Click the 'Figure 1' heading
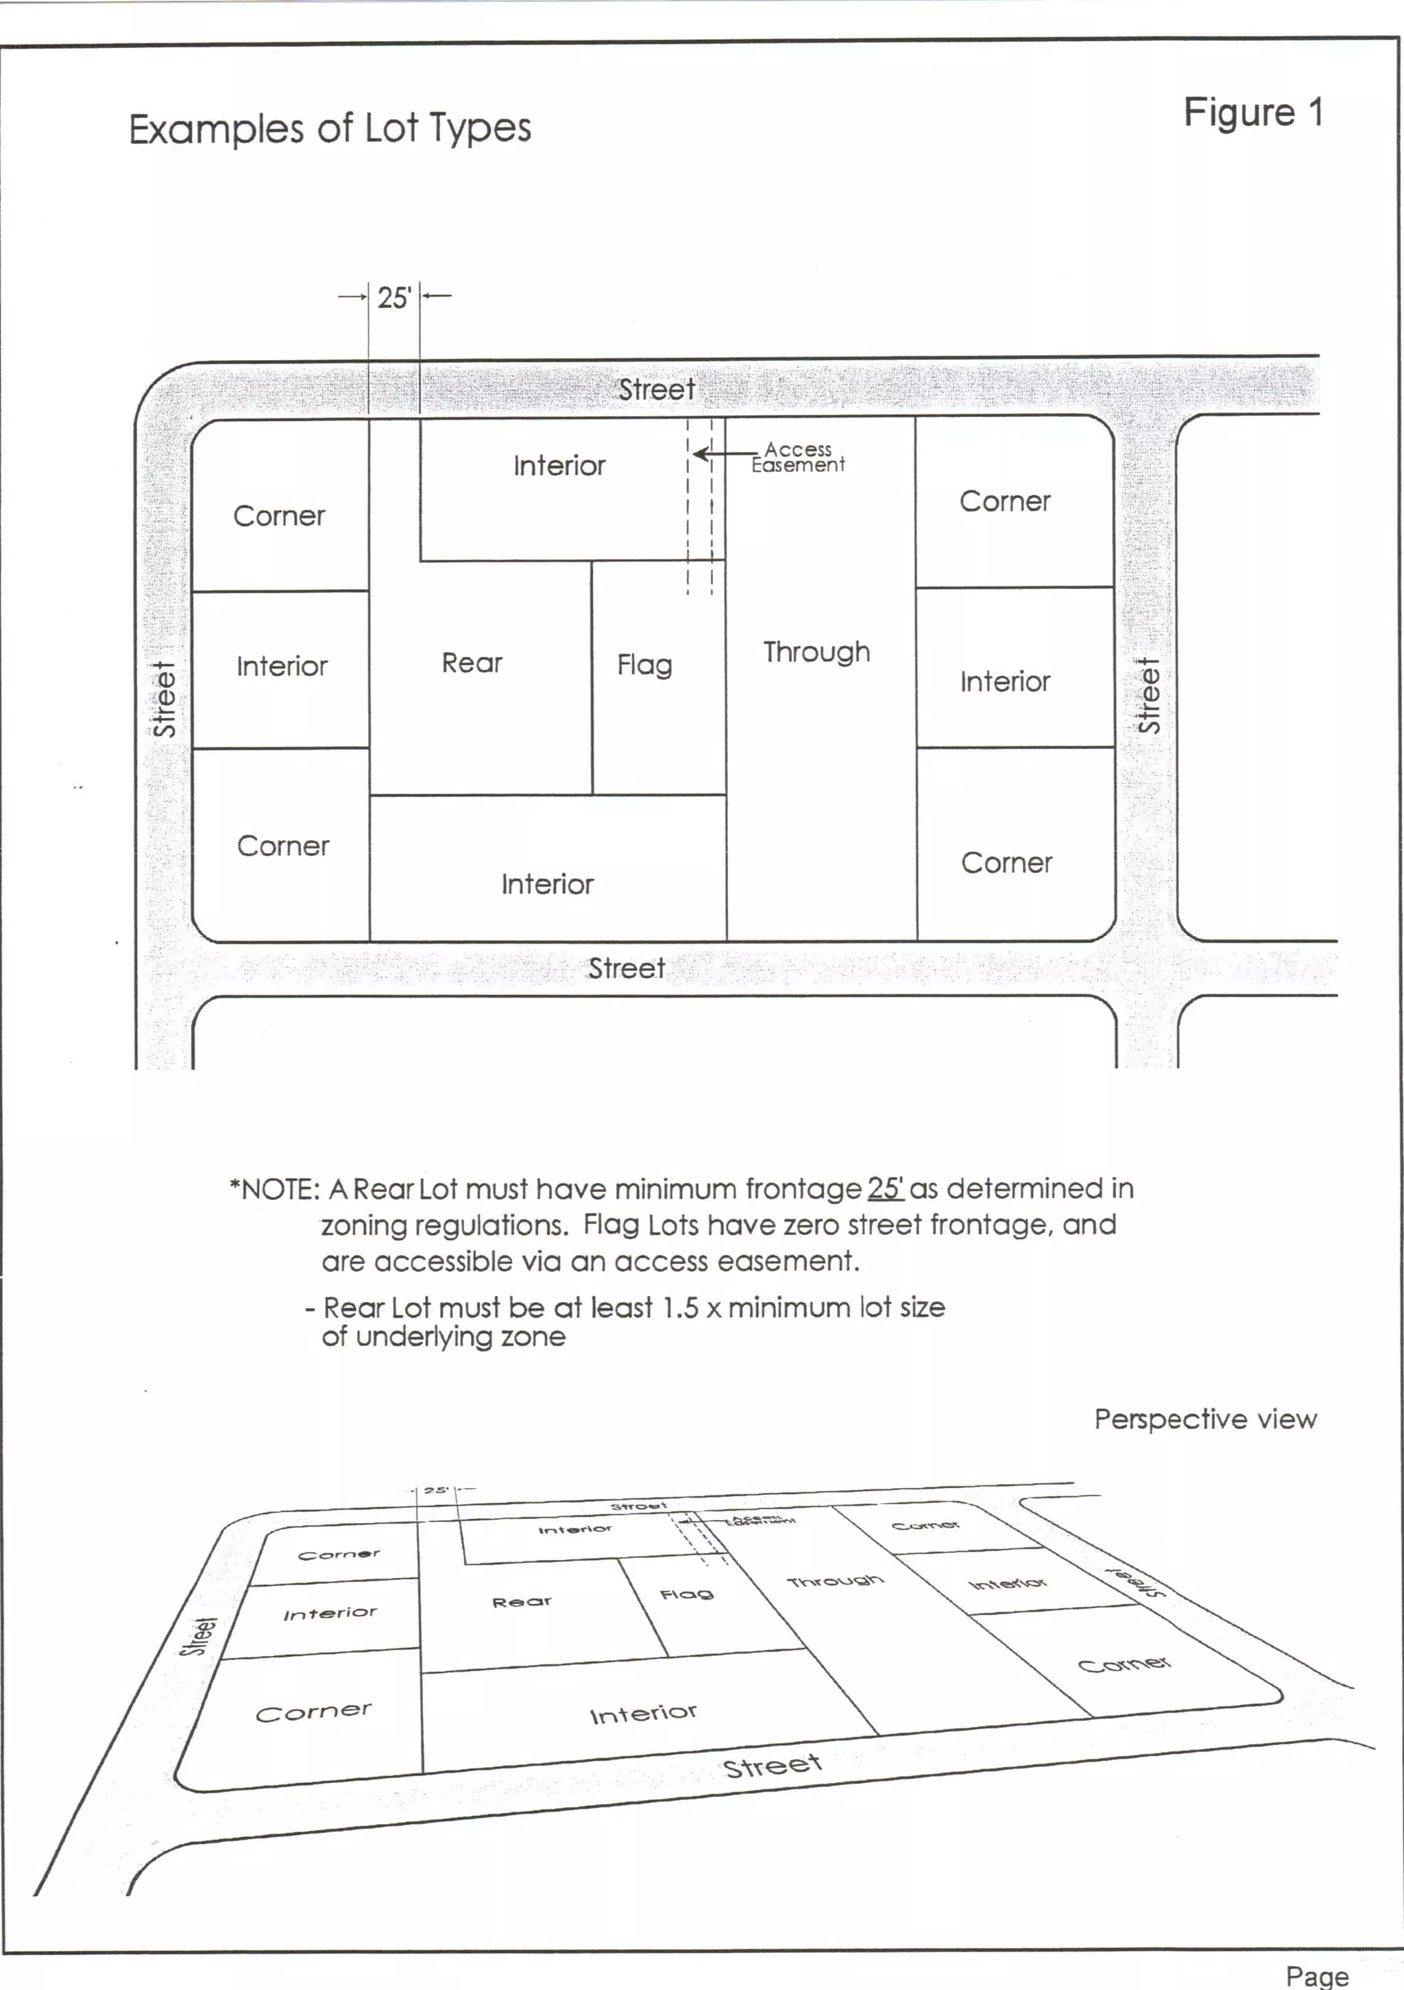1252,112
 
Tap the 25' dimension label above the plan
394,298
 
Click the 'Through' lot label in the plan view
816,651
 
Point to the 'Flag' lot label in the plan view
644,664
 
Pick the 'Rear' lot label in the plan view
472,663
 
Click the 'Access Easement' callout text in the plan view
797,457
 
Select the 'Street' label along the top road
656,390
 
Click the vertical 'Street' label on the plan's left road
165,699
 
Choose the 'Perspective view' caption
1205,1419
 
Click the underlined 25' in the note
885,1188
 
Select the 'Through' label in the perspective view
834,1581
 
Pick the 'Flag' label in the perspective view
686,1594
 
